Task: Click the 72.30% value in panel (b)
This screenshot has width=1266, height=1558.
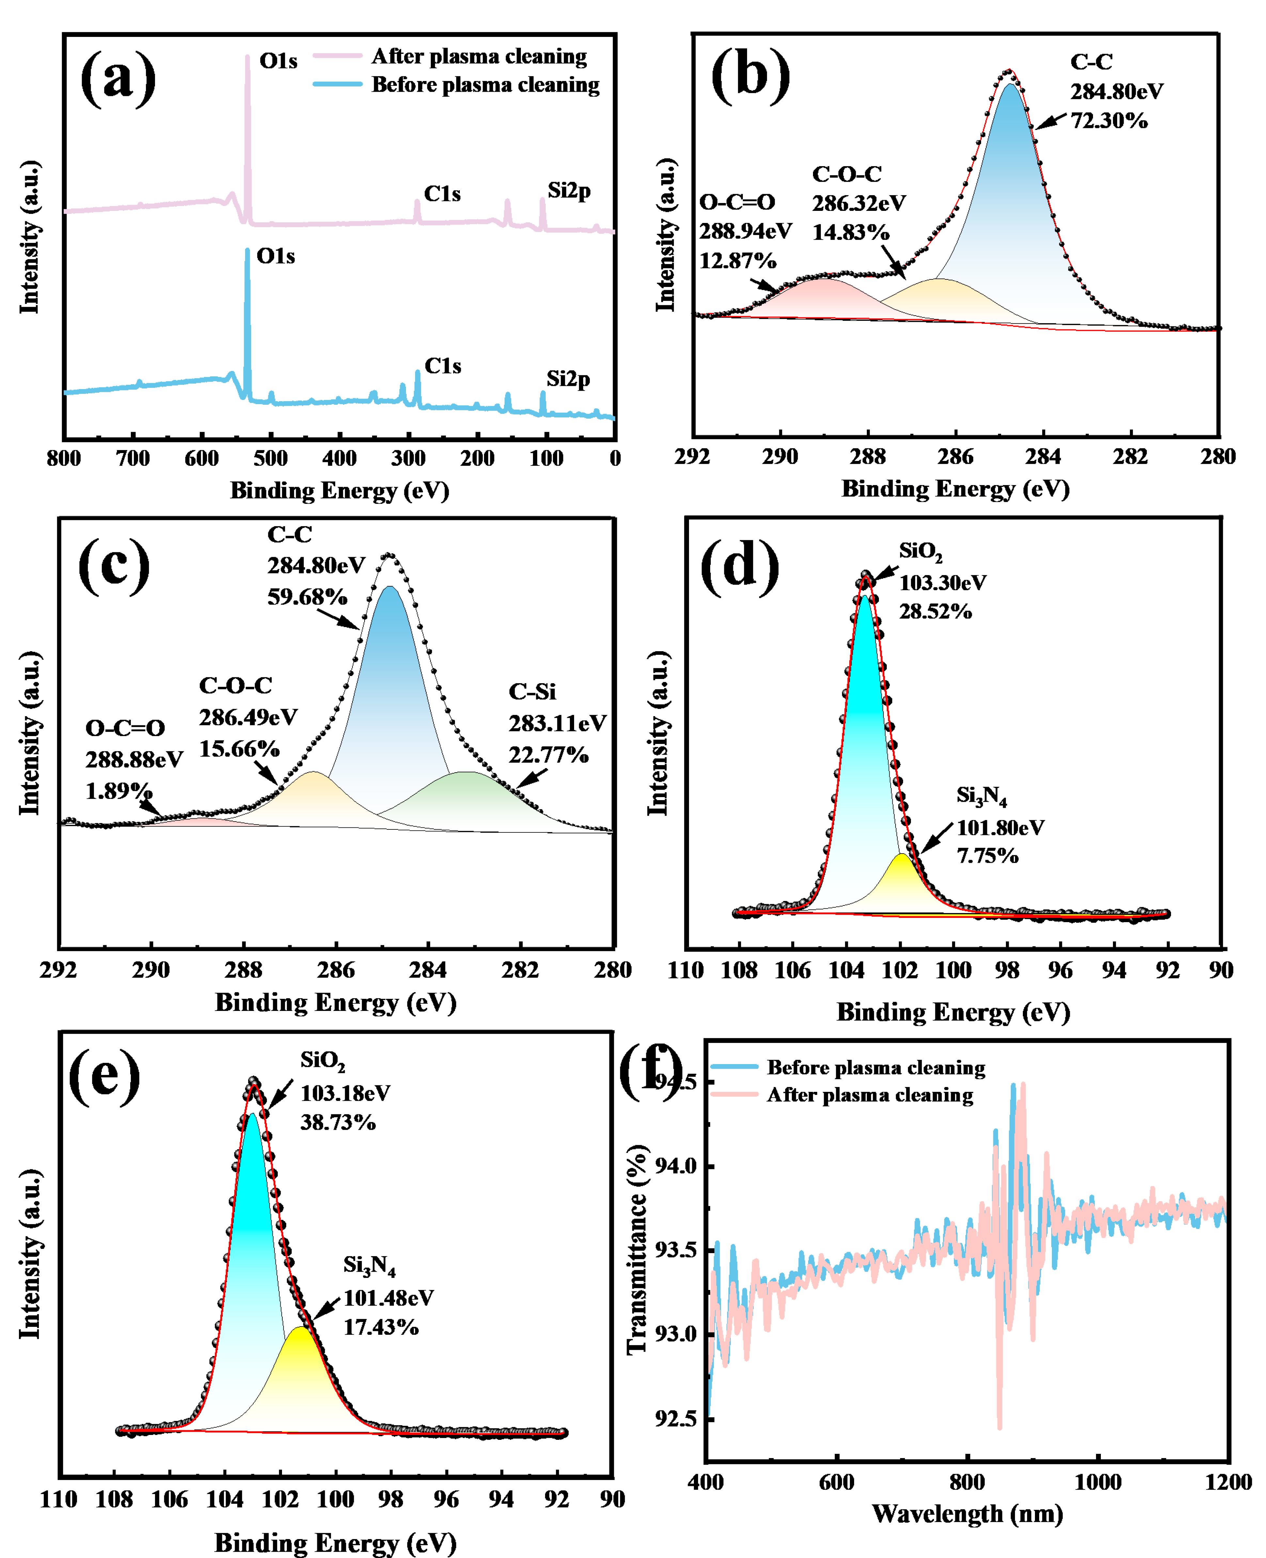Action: tap(1108, 120)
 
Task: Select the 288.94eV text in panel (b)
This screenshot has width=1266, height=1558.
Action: tap(745, 231)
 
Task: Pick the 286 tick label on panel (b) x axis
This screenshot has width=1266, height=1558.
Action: tap(955, 457)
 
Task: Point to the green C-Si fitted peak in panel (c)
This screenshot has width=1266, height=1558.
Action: tap(467, 799)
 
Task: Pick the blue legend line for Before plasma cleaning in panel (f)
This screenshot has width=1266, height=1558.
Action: tap(734, 1067)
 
